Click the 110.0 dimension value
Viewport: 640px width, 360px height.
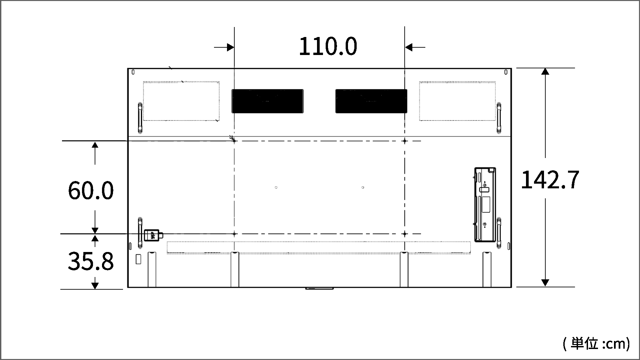[328, 46]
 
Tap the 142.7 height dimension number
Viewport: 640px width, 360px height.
[550, 180]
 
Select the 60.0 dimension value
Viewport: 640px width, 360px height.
[91, 191]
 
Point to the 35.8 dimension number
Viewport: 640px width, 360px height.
[91, 261]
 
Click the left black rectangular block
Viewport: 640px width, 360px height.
[268, 101]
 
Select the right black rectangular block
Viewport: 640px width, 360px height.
[371, 101]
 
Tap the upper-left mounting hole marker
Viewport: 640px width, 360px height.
[234, 141]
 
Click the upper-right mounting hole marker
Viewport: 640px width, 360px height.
[405, 141]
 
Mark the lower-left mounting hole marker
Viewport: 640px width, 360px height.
[234, 234]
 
